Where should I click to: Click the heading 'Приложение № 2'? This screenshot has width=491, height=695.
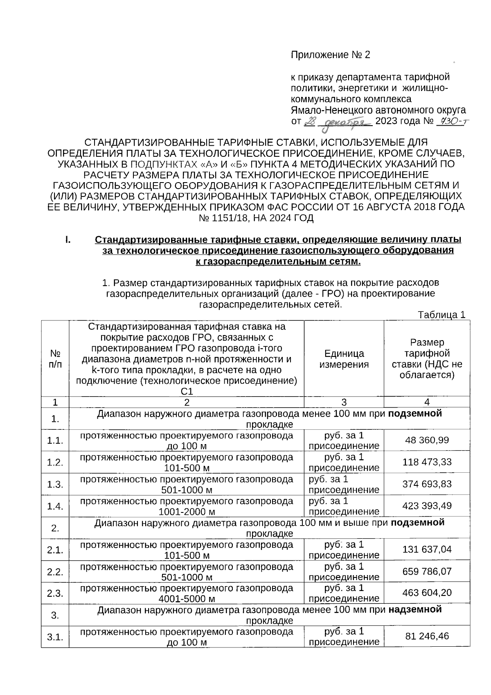pos(330,55)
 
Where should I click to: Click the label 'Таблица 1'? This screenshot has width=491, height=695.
pos(441,315)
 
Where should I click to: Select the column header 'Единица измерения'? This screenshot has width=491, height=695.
pos(344,359)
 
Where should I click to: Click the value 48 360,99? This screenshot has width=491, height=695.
pos(427,440)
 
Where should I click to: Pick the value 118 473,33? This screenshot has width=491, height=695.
pos(427,462)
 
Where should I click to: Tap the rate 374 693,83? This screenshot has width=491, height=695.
pos(427,484)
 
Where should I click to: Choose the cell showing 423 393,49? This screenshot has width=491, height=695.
pos(427,506)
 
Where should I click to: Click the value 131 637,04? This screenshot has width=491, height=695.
pos(427,549)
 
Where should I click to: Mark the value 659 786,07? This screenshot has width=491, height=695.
pos(427,571)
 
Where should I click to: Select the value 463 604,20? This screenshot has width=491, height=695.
pos(427,593)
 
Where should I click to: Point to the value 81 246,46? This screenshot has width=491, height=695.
pos(427,636)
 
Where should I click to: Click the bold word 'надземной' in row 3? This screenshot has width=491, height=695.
pos(415,610)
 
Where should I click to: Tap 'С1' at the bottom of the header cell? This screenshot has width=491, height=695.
pos(187,392)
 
